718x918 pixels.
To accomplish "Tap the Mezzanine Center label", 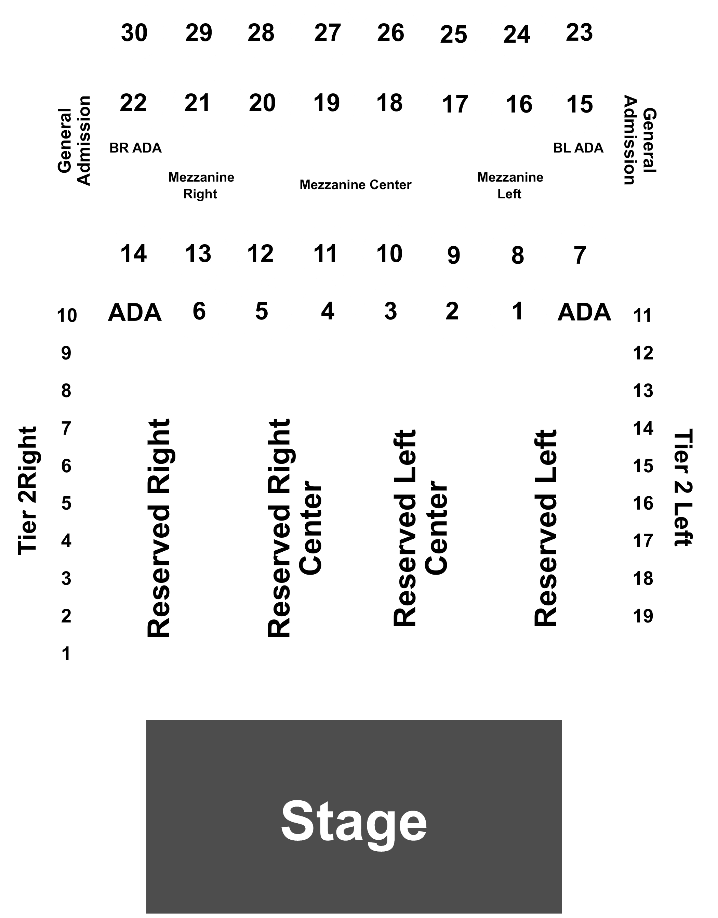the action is tap(355, 185).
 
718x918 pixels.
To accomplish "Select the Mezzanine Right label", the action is tap(201, 185).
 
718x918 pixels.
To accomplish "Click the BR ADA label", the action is tap(135, 148).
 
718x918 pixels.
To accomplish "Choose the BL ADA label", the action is tap(578, 148).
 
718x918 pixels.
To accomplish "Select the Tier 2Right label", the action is tap(28, 490).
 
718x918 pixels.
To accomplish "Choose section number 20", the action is tap(262, 103).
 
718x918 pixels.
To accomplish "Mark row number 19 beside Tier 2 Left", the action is tap(643, 616).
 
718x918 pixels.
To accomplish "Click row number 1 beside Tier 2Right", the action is tap(66, 654).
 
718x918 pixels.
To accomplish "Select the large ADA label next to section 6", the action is tap(134, 313).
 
